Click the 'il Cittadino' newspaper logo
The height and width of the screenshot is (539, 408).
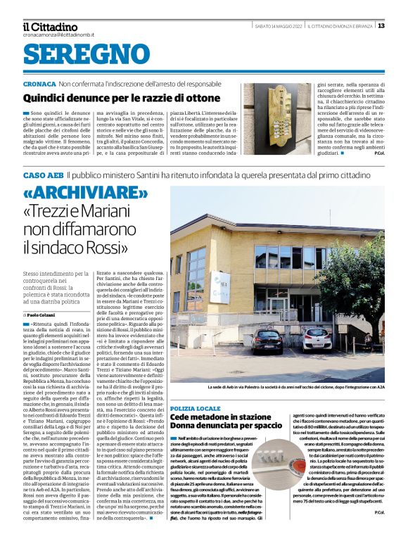[x=49, y=26]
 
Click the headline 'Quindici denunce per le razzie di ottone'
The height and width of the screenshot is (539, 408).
[x=122, y=99]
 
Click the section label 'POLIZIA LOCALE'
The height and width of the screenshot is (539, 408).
[x=196, y=408]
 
